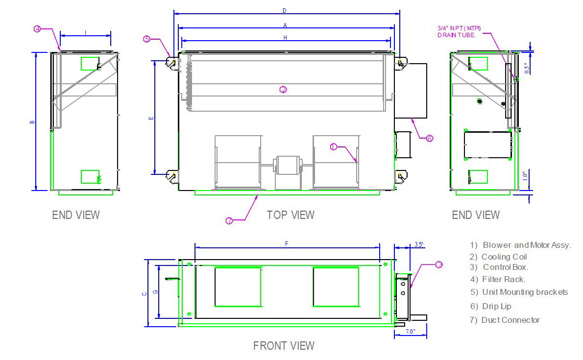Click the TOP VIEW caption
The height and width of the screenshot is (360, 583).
(291, 215)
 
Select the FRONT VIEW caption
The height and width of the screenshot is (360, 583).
(284, 346)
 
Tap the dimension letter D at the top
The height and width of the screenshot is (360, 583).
(285, 10)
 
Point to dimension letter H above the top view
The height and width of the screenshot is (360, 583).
(285, 37)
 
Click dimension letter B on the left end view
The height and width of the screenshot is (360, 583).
(32, 121)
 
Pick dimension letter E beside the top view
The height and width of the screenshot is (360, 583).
(151, 118)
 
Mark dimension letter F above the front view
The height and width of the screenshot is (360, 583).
(287, 243)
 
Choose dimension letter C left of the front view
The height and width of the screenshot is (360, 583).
(144, 294)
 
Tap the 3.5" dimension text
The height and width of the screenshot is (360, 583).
(419, 244)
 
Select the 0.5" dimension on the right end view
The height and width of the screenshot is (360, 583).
(527, 67)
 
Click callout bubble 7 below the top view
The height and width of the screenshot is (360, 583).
(229, 221)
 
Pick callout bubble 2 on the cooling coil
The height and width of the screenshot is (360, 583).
(283, 89)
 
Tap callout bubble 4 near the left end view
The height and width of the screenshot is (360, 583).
(38, 29)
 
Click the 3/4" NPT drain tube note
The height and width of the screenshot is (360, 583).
(459, 32)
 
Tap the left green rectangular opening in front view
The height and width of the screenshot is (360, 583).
(238, 287)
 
